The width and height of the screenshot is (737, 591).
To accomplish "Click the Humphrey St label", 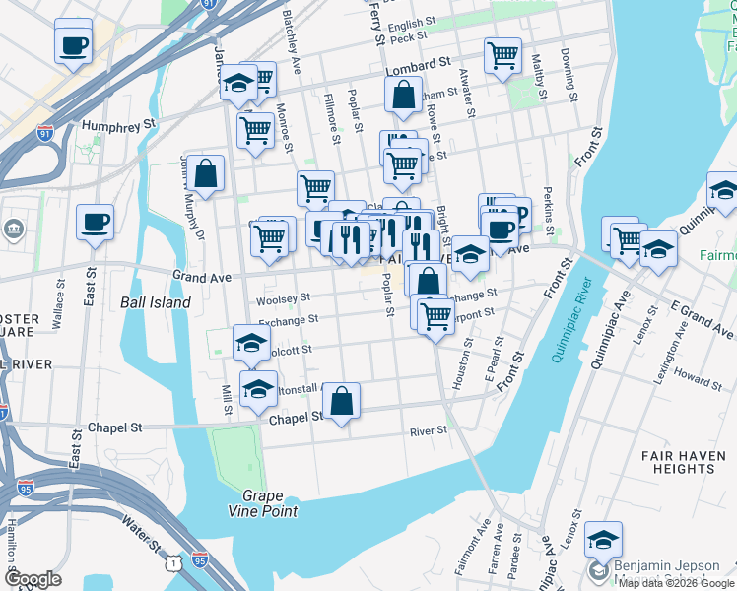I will tap(120, 126).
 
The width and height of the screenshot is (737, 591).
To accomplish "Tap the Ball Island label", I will tap(155, 302).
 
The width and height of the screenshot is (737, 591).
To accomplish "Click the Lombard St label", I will tap(412, 66).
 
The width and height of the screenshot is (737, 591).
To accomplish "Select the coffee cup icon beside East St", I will tap(95, 222).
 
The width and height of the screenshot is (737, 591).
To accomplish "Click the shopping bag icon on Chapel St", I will tap(341, 401).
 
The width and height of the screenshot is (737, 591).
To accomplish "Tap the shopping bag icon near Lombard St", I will tap(403, 96).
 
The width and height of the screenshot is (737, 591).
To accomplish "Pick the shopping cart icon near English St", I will tap(502, 54).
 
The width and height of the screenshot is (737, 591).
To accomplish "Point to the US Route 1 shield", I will tap(174, 559).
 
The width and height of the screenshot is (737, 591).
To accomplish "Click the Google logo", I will tap(33, 579).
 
